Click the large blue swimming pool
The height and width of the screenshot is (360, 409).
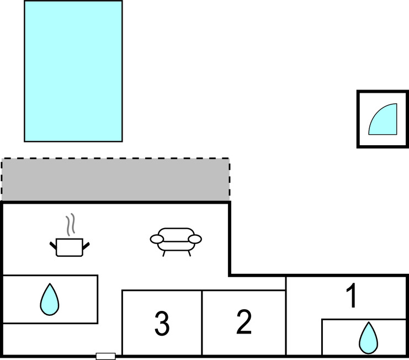(x=73, y=71)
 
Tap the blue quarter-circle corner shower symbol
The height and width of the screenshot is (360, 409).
(x=383, y=121)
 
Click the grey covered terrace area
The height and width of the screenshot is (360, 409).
(x=115, y=180)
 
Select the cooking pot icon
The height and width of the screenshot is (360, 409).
(x=70, y=247)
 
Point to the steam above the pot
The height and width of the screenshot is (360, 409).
(x=70, y=225)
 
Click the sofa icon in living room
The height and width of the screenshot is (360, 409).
(x=176, y=240)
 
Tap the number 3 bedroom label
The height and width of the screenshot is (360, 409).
(x=161, y=324)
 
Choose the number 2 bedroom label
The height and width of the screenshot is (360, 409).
(x=243, y=322)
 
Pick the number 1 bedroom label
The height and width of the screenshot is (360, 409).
(x=352, y=297)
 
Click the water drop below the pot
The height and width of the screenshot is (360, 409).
(x=49, y=299)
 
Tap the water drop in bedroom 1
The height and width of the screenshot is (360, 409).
(x=368, y=337)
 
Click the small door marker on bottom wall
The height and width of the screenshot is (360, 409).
(x=105, y=356)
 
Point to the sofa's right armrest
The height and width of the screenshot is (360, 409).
(x=194, y=239)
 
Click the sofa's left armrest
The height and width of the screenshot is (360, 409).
(x=157, y=239)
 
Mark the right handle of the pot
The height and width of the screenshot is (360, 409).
(x=86, y=243)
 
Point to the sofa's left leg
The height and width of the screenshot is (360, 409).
(x=164, y=252)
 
